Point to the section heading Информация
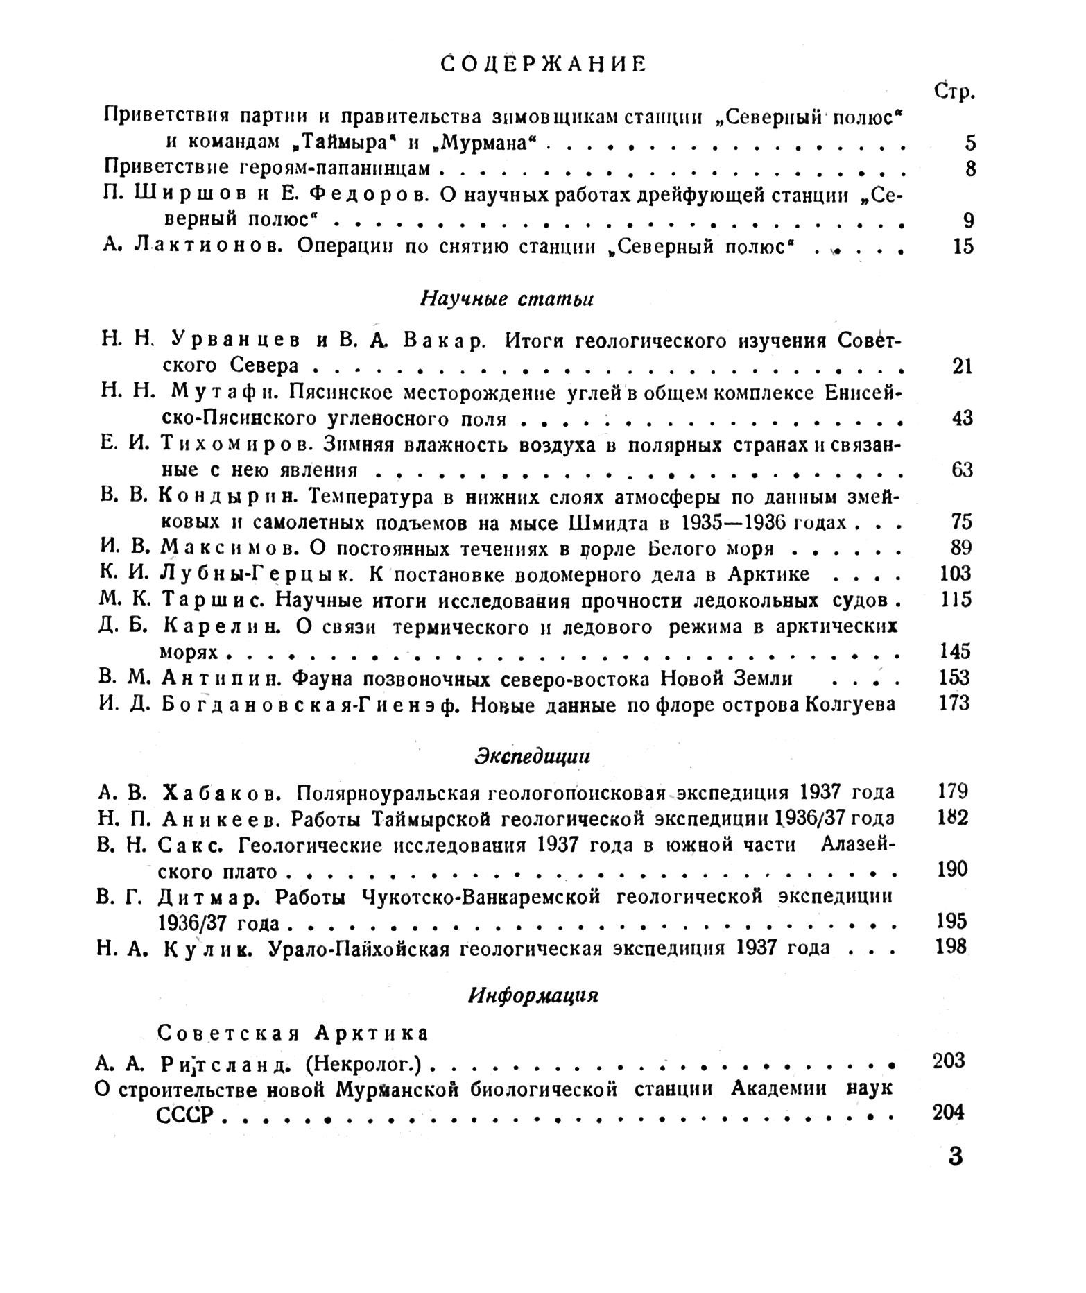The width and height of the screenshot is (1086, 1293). pos(533,995)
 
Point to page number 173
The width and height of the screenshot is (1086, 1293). pos(954,704)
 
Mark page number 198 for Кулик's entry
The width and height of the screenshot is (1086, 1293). pos(950,947)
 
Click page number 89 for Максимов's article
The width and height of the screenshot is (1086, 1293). pos(960,548)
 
